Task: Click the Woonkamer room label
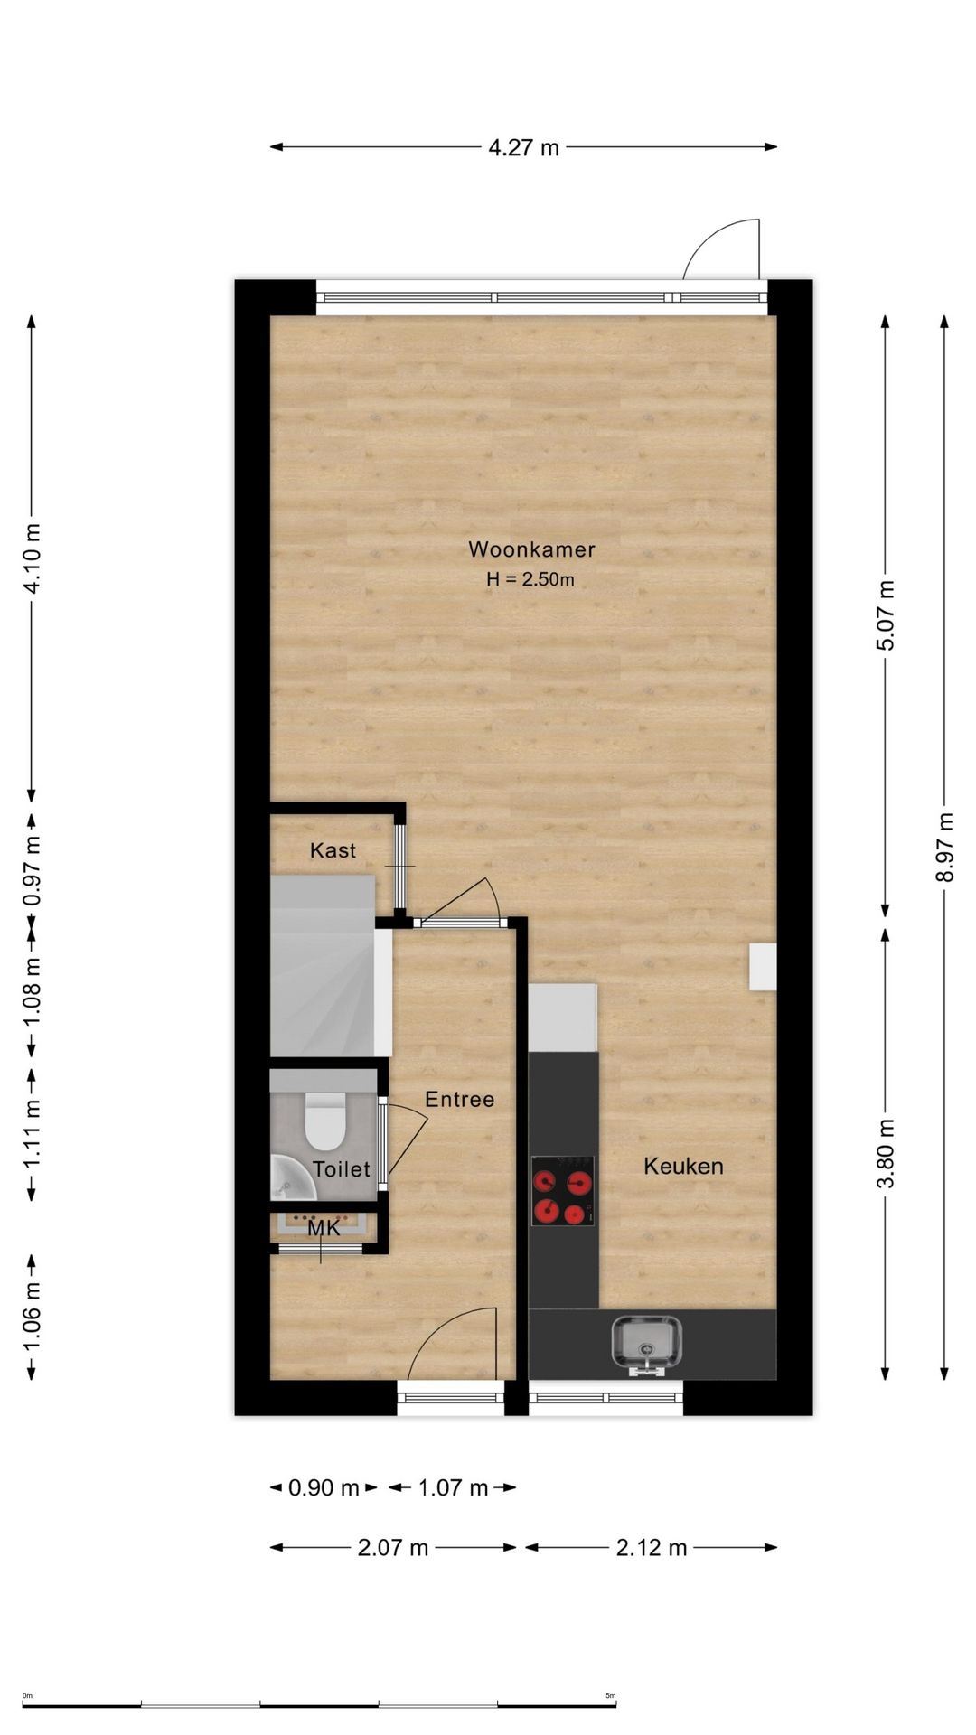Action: (x=531, y=549)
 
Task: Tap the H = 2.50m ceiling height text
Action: (x=530, y=579)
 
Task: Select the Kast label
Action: (x=333, y=850)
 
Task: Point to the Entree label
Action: (x=460, y=1099)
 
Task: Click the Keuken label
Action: (x=683, y=1166)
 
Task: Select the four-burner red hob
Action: (x=563, y=1191)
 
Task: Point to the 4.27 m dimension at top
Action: (x=524, y=147)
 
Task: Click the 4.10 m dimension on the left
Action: (x=32, y=558)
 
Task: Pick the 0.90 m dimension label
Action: (x=324, y=1487)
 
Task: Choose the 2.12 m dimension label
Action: (x=652, y=1548)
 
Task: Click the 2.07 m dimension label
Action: (x=393, y=1548)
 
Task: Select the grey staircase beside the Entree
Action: (x=331, y=965)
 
